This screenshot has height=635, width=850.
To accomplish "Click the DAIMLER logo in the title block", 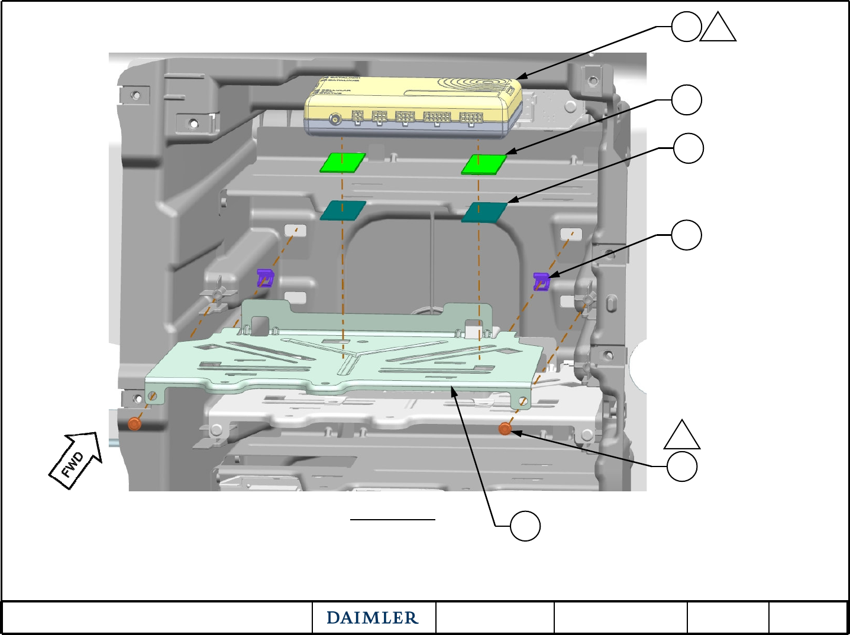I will (x=373, y=618).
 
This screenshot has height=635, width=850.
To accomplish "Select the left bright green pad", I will (x=342, y=163).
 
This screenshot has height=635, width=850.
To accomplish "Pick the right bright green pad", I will (x=484, y=164).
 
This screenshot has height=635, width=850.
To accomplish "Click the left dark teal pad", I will (x=343, y=210).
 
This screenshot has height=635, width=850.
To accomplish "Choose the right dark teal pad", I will (x=484, y=212).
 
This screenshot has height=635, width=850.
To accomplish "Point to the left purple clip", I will (x=265, y=277).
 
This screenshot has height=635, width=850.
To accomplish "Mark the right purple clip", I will (x=541, y=281).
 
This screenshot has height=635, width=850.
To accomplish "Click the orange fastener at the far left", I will (x=135, y=423).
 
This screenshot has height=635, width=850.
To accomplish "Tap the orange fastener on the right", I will (x=505, y=429).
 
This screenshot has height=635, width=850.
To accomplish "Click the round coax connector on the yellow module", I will (x=335, y=119).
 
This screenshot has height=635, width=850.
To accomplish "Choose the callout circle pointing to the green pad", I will (x=687, y=100).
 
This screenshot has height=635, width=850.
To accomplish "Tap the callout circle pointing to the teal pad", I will (x=689, y=148).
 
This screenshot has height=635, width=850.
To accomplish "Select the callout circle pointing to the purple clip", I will (x=687, y=235).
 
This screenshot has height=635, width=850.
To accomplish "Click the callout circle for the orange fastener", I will (x=682, y=466).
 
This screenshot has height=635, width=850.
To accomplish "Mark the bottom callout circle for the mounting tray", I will (x=525, y=526).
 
